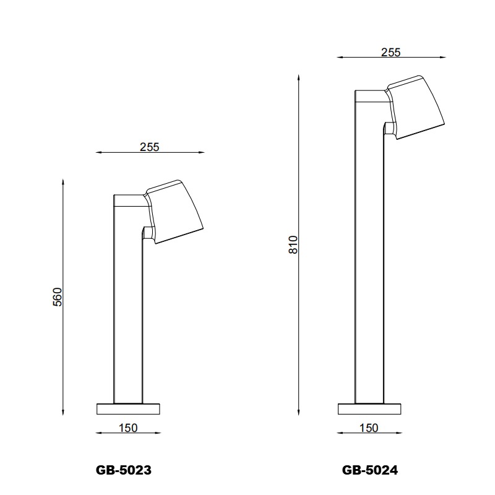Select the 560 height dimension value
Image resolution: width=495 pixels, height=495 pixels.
(58, 297)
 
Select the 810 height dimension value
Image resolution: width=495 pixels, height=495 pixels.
(294, 245)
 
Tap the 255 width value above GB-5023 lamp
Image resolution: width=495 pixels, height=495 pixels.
(149, 147)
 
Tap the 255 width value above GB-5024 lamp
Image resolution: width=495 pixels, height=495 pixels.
(390, 53)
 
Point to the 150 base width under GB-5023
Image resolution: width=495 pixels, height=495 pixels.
(127, 428)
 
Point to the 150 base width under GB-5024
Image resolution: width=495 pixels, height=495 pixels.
(368, 428)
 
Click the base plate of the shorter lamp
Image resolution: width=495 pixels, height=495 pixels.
(129, 408)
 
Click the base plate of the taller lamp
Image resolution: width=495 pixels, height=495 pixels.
(369, 408)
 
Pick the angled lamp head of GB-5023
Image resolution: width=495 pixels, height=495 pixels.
(176, 210)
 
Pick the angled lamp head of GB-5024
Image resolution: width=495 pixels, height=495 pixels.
(418, 105)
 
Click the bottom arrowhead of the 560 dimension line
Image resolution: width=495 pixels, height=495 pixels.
(63, 411)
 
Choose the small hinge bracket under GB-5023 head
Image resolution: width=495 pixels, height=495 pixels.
(147, 233)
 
